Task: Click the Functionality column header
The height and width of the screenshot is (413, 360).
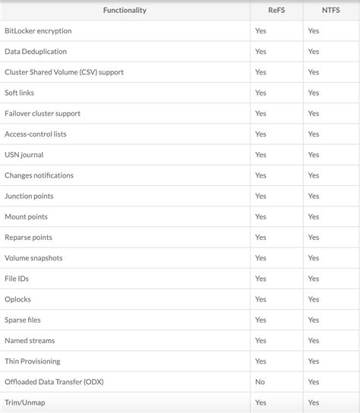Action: point(125,11)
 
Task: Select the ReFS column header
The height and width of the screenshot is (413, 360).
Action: point(276,11)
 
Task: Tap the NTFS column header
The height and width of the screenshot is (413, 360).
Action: point(331,11)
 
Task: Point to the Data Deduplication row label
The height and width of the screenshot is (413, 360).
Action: point(36,52)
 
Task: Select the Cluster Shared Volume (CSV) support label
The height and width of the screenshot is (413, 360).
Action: point(64,72)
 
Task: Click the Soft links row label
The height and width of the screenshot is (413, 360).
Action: point(19,93)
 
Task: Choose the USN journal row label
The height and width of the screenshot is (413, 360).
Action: point(24,155)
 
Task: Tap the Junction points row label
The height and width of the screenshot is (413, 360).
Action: point(29,196)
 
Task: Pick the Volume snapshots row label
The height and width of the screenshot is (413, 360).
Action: point(33,258)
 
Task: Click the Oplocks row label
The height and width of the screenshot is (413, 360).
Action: point(17,299)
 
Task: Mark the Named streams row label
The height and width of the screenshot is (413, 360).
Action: point(30,341)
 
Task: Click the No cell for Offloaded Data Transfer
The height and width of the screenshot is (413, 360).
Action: point(261,382)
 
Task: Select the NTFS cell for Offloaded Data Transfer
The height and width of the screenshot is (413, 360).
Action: point(314,382)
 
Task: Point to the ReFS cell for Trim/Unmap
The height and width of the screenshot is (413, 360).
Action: point(261,402)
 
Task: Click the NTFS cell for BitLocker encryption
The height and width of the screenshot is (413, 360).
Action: point(314,31)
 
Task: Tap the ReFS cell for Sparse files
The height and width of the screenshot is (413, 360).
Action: point(261,320)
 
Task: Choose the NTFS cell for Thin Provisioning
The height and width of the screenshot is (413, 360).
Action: point(314,361)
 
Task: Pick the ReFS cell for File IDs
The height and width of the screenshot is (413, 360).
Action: point(261,279)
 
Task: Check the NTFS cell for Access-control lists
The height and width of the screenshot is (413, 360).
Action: point(314,134)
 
